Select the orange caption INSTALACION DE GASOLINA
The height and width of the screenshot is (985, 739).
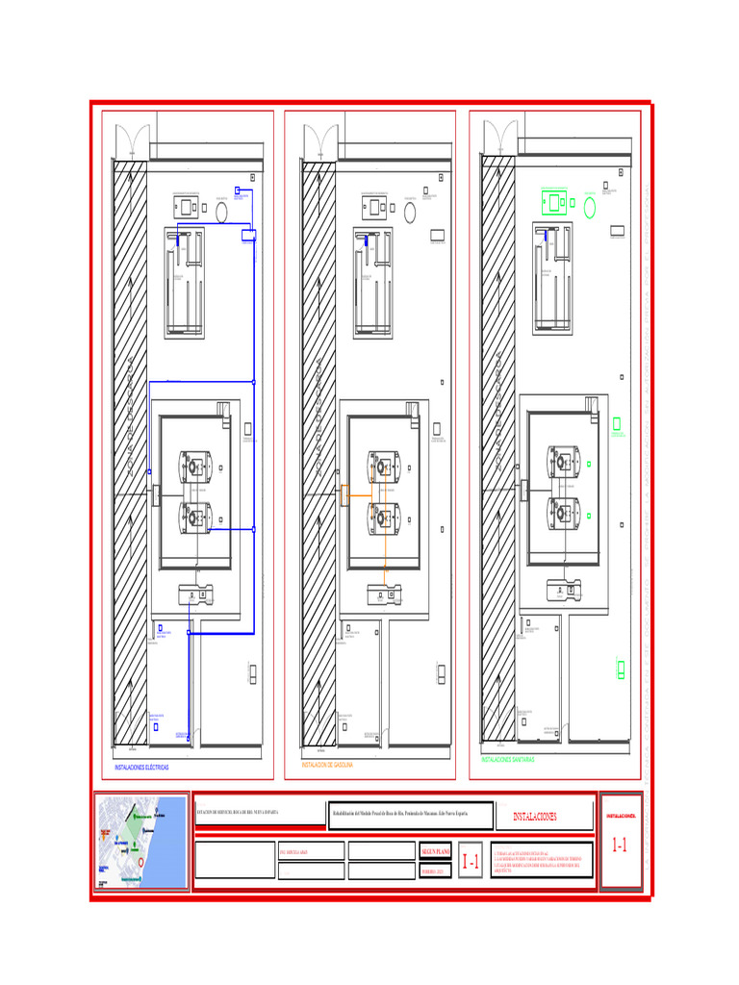[x=328, y=765]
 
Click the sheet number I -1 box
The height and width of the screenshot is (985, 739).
[x=471, y=863]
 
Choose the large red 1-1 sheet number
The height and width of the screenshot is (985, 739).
[x=621, y=846]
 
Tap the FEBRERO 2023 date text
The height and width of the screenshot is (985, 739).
[x=434, y=871]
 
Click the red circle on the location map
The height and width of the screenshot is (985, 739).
[x=142, y=863]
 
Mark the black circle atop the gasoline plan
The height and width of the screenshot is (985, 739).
[x=410, y=212]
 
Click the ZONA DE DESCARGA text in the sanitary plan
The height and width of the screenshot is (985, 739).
[x=498, y=414]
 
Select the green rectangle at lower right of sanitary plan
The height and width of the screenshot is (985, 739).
[x=621, y=669]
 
